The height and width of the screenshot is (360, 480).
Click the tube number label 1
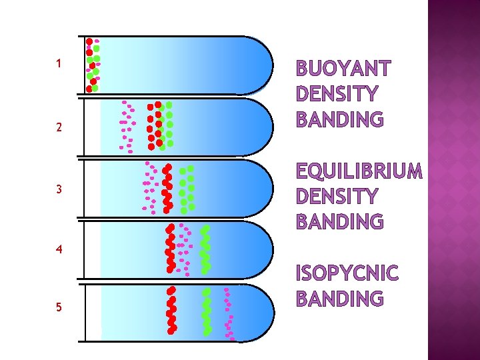click(x=59, y=64)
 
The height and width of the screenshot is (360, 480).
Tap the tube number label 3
click(x=59, y=189)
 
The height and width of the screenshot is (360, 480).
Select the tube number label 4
click(x=59, y=251)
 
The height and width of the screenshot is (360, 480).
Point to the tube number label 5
click(x=59, y=307)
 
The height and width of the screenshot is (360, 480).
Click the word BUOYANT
click(x=343, y=69)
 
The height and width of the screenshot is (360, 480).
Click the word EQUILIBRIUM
click(x=359, y=171)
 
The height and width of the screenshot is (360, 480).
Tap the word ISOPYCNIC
click(x=347, y=273)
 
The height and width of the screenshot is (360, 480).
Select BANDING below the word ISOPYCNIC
click(x=339, y=299)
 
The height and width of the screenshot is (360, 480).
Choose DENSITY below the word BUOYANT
click(x=336, y=94)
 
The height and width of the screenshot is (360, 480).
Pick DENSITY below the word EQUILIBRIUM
click(x=336, y=197)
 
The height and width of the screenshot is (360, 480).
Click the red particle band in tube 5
click(x=171, y=310)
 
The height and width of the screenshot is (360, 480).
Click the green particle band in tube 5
click(x=207, y=311)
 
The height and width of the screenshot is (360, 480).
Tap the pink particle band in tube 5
click(x=229, y=313)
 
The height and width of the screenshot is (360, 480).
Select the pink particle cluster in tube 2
click(x=126, y=124)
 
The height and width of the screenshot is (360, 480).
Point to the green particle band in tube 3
click(x=189, y=188)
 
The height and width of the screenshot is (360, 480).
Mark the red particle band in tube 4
click(x=171, y=248)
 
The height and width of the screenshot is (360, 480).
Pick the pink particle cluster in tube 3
click(x=149, y=187)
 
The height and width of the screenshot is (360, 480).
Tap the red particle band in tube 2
click(x=154, y=125)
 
